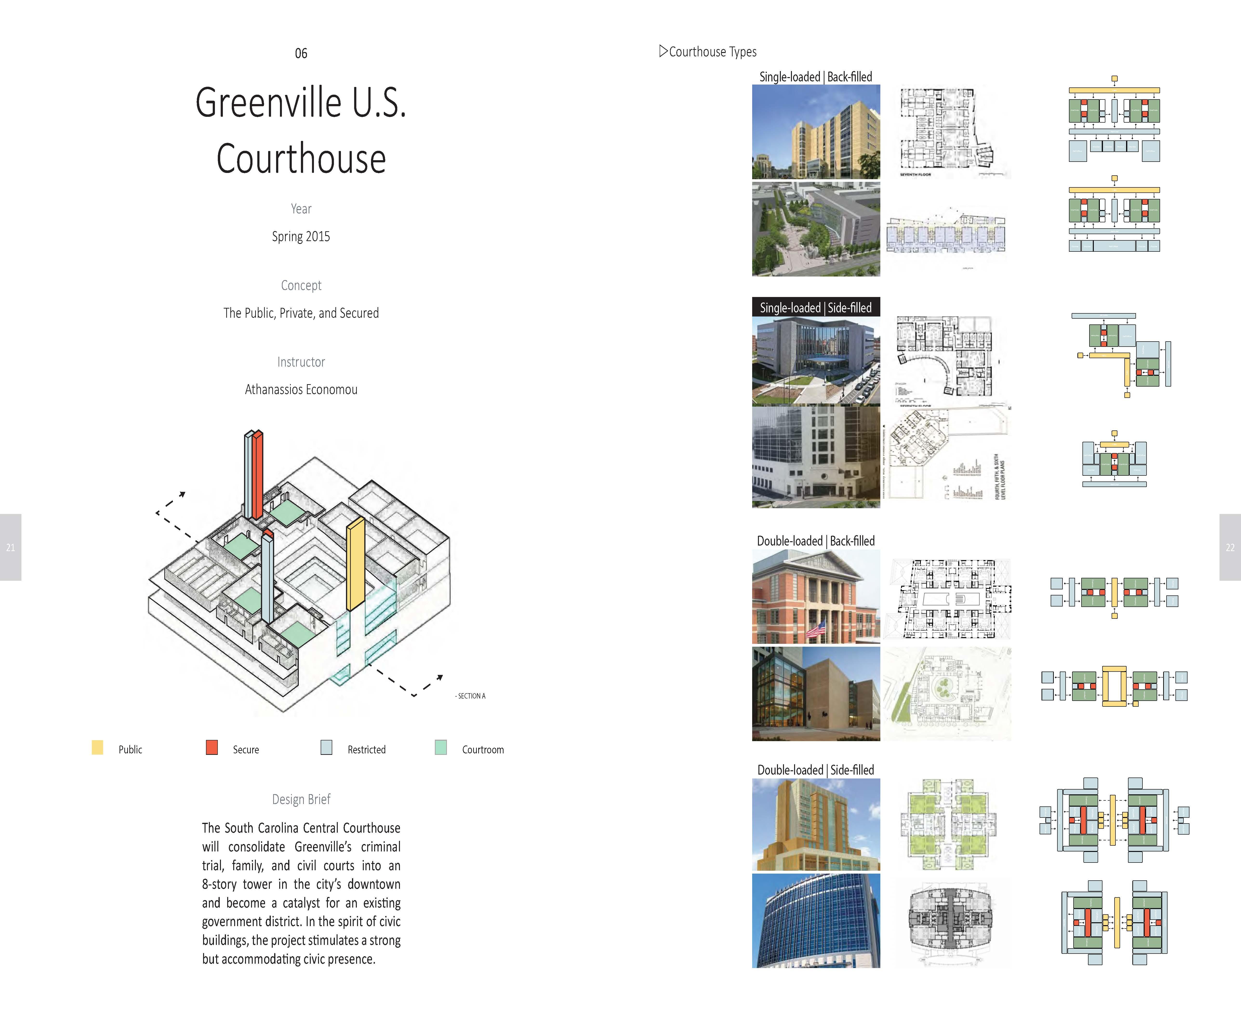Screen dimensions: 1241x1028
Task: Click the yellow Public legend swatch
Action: coord(98,747)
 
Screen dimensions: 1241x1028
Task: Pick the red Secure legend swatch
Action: coord(212,747)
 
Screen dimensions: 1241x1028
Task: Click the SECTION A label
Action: coord(471,696)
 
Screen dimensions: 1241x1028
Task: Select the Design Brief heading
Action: coord(301,799)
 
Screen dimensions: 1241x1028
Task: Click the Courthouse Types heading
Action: coord(712,52)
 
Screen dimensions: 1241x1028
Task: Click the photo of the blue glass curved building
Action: coord(816,921)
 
